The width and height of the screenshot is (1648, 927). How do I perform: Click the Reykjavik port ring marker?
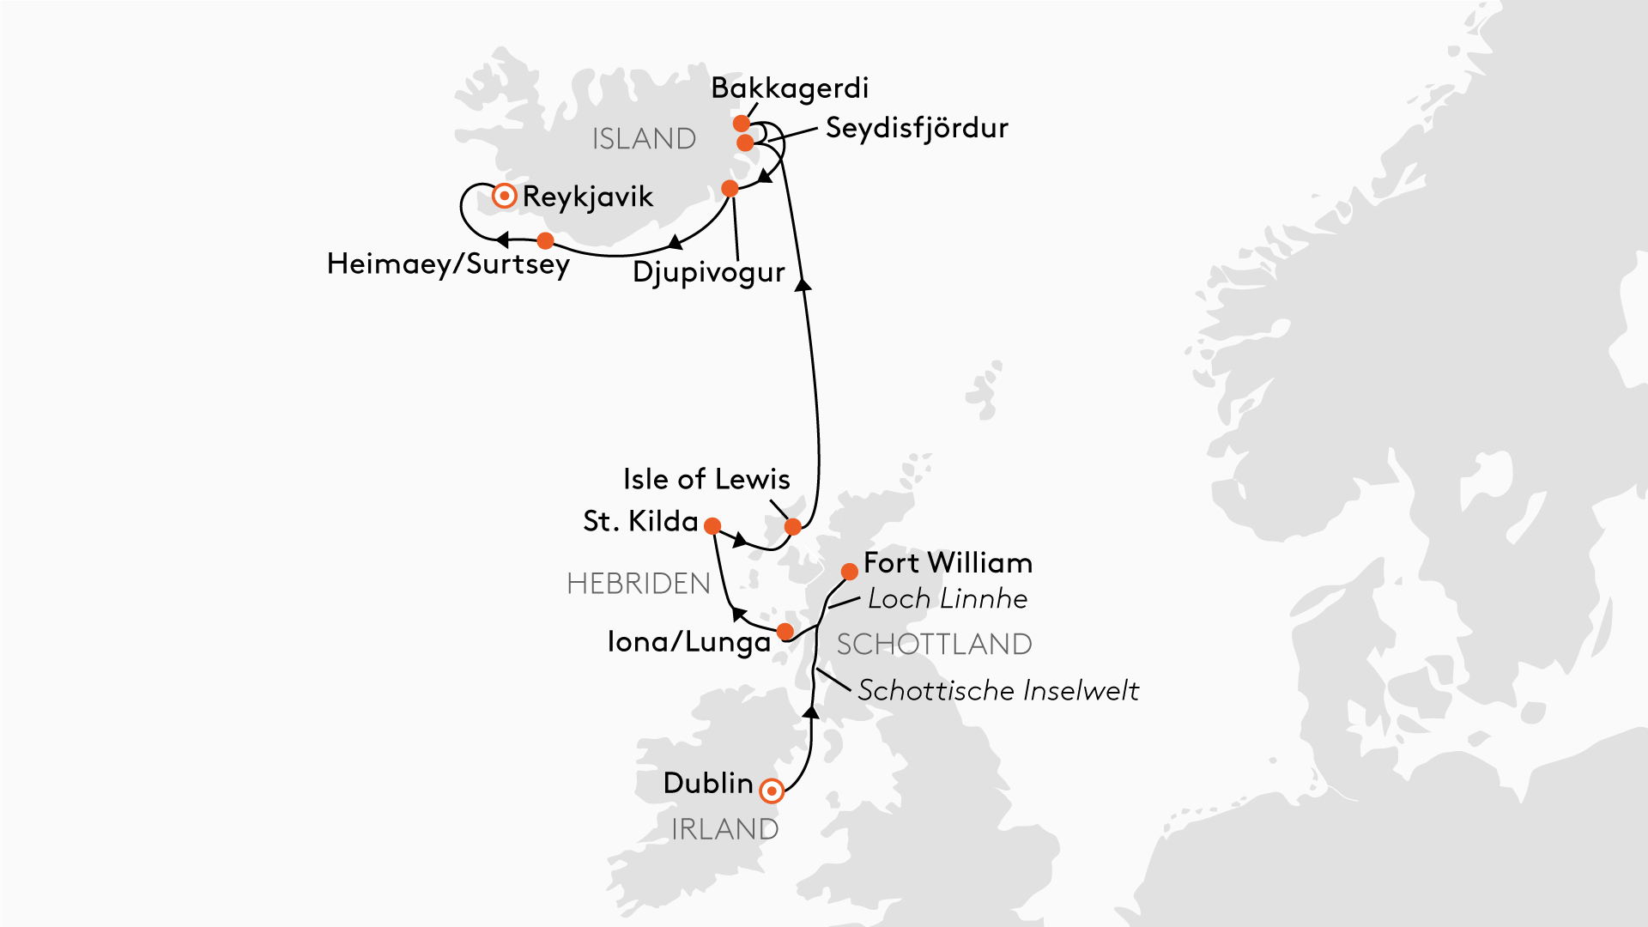point(505,197)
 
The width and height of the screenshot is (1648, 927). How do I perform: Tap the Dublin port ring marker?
point(772,791)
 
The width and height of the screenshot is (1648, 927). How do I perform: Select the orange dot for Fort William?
point(849,572)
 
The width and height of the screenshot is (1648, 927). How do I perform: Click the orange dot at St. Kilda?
point(712,525)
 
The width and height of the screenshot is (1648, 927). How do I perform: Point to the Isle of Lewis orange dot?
point(793,526)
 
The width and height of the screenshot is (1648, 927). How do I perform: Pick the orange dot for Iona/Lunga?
point(785,633)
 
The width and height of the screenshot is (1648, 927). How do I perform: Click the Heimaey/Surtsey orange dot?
point(545,240)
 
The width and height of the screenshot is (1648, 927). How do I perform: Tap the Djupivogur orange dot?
point(730,188)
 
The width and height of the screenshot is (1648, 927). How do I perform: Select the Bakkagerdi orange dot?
point(742,124)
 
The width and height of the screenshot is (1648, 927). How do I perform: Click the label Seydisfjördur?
point(916,129)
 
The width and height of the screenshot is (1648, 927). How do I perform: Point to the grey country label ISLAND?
point(644,139)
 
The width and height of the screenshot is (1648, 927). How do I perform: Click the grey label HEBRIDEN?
point(639,584)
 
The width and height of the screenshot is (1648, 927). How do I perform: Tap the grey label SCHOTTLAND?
point(934,645)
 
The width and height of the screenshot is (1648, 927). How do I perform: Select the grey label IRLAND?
point(724,829)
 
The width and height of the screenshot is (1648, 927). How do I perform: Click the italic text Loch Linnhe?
point(948,599)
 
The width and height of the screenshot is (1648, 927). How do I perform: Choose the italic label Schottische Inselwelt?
point(997,691)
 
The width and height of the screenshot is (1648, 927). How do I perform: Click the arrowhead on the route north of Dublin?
point(810,712)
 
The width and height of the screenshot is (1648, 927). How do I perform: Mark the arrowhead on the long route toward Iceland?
point(803,285)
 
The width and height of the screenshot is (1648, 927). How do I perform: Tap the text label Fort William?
point(948,563)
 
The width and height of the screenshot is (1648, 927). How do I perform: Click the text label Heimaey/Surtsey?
point(448,264)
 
